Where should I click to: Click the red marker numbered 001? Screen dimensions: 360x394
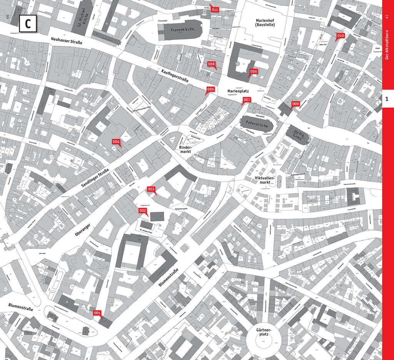tap(97, 313)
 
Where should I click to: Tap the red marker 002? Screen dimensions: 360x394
tap(142, 211)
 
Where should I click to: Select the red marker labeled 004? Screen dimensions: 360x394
tap(116, 142)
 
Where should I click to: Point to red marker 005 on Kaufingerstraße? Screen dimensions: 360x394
tap(210, 90)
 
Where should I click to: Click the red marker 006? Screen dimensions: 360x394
tap(254, 72)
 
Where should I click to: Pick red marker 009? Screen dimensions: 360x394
tap(295, 104)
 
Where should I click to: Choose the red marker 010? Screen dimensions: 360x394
tap(340, 36)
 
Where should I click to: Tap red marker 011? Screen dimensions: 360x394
tap(215, 9)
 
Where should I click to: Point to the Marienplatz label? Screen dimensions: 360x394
tap(238, 92)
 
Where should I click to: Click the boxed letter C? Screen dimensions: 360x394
tap(28, 23)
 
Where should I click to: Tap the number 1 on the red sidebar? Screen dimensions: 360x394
tap(388, 99)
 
